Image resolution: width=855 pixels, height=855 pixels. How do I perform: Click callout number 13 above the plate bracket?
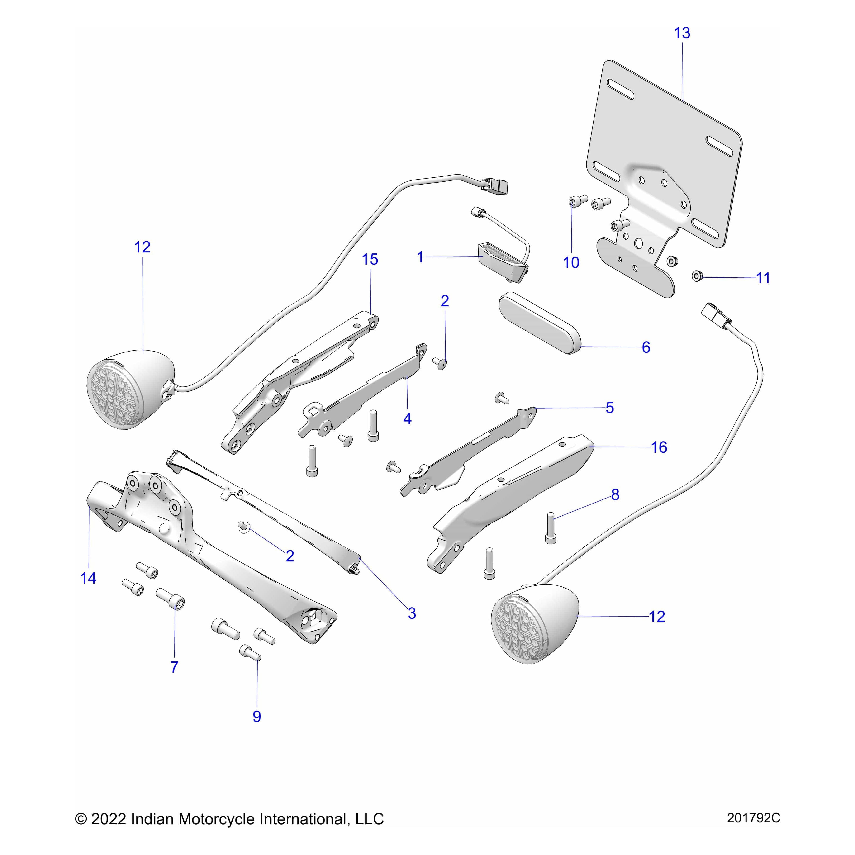click(x=682, y=33)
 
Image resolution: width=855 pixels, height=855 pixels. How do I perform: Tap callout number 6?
click(x=646, y=347)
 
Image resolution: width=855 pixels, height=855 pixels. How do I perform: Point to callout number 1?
click(x=420, y=257)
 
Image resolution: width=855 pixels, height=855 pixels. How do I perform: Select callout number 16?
click(x=659, y=447)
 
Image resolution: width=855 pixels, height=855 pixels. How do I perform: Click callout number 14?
click(x=88, y=578)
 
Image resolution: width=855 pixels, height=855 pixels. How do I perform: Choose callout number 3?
click(x=412, y=613)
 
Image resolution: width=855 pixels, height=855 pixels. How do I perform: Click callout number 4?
click(x=407, y=419)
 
